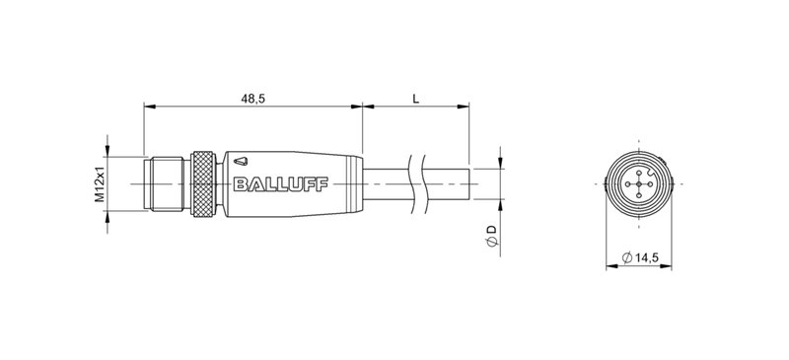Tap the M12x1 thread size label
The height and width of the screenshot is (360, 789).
pyautogui.click(x=100, y=184)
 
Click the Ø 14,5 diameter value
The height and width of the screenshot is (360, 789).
pyautogui.click(x=641, y=258)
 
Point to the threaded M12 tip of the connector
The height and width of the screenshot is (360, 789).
pyautogui.click(x=164, y=183)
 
